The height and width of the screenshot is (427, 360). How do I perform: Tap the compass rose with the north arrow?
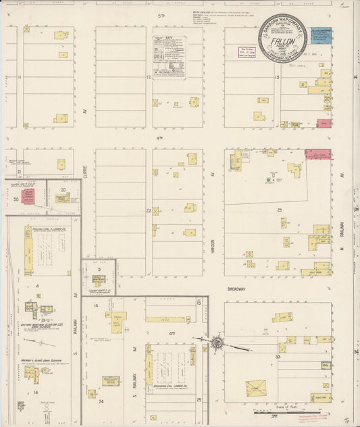[x=217, y=343]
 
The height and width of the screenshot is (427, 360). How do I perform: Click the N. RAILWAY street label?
[x=342, y=236]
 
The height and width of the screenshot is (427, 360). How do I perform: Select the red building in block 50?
[x=28, y=197]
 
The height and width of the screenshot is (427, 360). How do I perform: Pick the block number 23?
[x=278, y=211]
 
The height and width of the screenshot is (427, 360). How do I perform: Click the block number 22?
[x=147, y=211]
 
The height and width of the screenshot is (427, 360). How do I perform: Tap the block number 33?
[x=277, y=356]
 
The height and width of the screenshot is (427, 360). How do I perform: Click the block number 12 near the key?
[x=147, y=78]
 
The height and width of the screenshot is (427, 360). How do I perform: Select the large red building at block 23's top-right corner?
[x=317, y=154]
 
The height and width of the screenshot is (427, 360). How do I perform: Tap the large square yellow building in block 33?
[x=255, y=389]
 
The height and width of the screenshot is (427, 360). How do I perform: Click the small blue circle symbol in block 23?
[x=269, y=181]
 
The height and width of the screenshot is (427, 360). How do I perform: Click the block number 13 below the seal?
[x=277, y=78]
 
